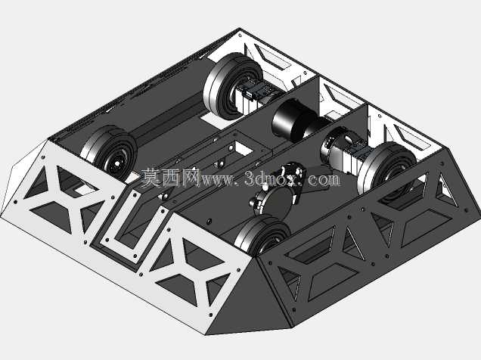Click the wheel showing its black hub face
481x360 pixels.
tap(108, 153)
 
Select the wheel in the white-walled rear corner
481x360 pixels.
tap(232, 86)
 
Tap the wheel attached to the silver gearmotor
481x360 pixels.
tap(387, 169)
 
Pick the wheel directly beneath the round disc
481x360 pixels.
tap(263, 234)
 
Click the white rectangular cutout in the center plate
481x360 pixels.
tap(244, 147)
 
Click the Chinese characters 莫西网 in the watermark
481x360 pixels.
tap(171, 178)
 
